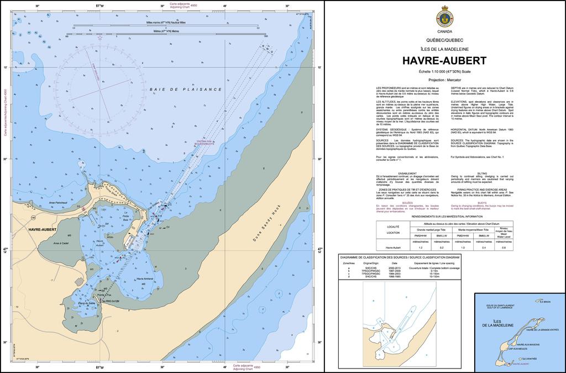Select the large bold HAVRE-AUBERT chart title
tap(444, 60)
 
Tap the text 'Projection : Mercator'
tap(444, 81)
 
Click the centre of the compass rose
tap(99, 83)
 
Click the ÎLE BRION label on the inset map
tap(544, 302)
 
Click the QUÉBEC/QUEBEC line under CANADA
tap(444, 41)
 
